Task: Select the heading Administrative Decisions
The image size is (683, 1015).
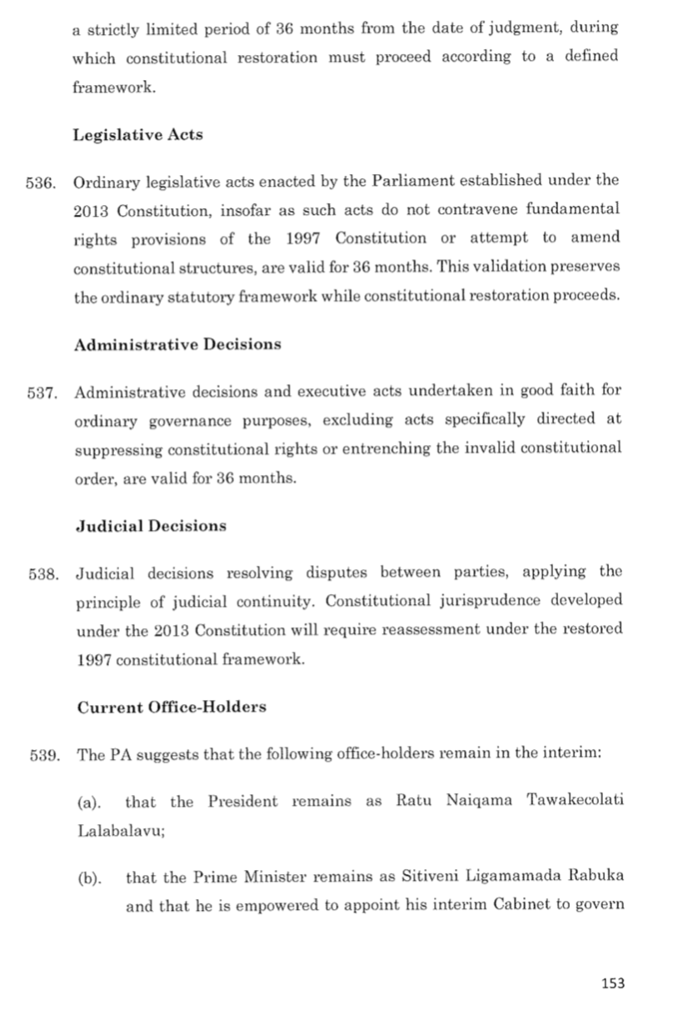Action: (x=177, y=345)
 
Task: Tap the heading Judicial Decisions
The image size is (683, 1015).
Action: (x=151, y=526)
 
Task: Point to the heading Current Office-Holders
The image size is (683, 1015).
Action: (x=172, y=707)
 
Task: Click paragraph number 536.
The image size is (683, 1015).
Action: (x=42, y=181)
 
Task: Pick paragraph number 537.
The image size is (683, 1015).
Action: (x=42, y=391)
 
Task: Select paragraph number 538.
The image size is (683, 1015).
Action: (x=42, y=572)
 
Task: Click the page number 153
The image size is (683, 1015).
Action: (x=612, y=983)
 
